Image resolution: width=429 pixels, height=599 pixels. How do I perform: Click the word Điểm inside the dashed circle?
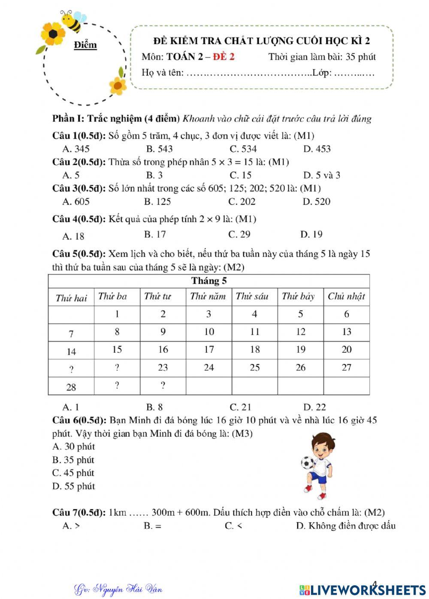coord(85,45)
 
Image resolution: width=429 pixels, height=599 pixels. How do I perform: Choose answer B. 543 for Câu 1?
coord(159,149)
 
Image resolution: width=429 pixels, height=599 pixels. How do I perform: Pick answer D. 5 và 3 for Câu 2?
coord(321,175)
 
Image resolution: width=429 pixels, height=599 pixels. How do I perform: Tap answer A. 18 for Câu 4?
coord(73,236)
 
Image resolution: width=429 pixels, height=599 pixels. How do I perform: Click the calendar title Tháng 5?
coord(209,281)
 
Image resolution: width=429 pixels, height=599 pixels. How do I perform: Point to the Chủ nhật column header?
coord(346,296)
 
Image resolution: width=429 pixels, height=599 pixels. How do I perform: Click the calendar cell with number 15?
coord(117,350)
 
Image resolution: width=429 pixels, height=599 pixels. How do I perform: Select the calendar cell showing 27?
coord(346,368)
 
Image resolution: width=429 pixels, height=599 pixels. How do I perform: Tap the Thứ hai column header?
coord(71,298)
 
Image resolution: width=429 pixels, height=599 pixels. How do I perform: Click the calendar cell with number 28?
coord(71,387)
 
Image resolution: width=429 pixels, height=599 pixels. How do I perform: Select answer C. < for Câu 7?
coord(233,526)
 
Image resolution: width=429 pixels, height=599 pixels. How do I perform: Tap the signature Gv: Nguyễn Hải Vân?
coord(118,589)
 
